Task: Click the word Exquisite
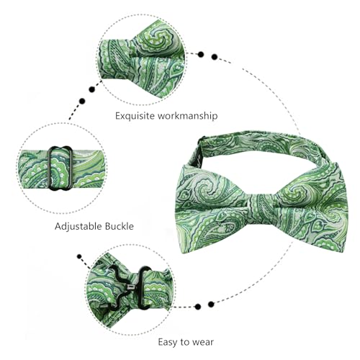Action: (135, 116)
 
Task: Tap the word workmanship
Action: (188, 116)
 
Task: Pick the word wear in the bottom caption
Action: (202, 342)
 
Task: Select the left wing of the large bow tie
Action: (214, 209)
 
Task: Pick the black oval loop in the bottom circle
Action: (144, 287)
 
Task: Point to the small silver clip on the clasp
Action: (130, 287)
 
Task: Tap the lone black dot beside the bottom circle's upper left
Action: (79, 256)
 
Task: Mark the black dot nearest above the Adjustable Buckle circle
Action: (82, 101)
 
